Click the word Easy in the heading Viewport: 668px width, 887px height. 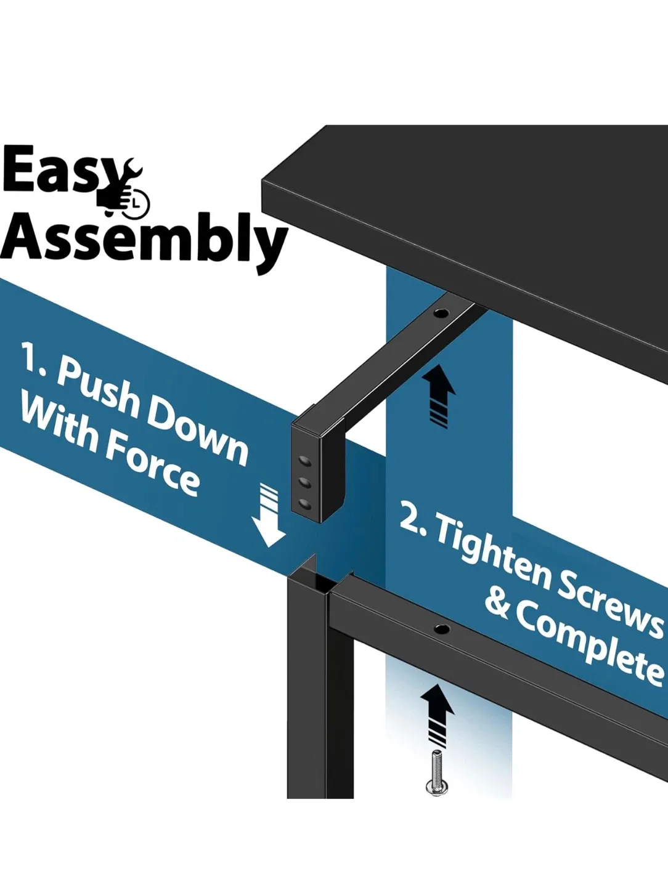coord(59,171)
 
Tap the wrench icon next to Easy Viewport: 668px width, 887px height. coord(129,187)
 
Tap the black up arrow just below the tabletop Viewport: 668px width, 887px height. coord(440,395)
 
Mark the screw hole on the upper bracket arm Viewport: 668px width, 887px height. coord(441,312)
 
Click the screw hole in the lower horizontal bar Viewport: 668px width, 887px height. coord(441,629)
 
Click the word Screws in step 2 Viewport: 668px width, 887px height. coord(610,604)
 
